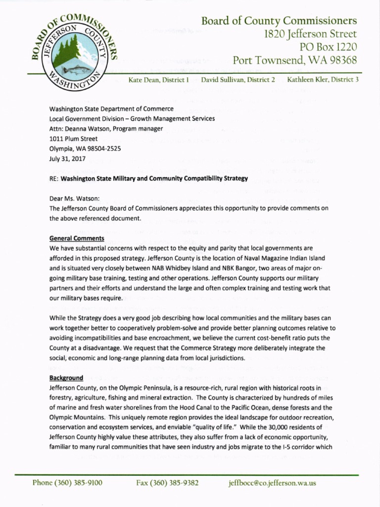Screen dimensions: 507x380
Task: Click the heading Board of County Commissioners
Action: coord(279,21)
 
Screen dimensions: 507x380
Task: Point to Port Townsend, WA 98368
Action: coord(295,60)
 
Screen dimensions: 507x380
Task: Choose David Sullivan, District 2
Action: coord(238,80)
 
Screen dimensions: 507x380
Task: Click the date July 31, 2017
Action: coord(67,159)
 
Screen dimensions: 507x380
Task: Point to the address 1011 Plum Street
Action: coord(73,139)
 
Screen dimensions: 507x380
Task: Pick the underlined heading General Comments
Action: coord(77,238)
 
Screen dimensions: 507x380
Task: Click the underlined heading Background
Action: coord(66,377)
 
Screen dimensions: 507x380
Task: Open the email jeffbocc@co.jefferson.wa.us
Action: coord(272,483)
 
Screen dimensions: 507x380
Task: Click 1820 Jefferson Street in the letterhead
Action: coord(306,34)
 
